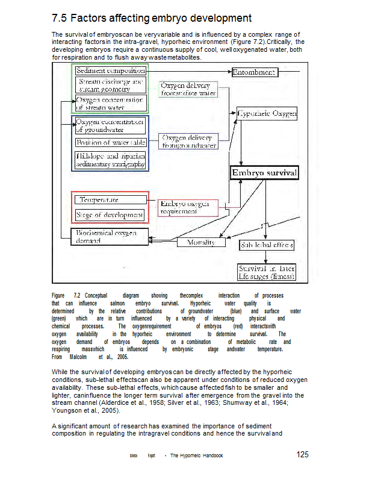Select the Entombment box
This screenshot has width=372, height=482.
[254, 72]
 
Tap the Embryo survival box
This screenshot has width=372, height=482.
[264, 173]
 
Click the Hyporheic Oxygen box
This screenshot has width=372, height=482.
[267, 113]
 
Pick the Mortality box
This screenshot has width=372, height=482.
[201, 242]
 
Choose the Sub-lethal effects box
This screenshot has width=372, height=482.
[267, 245]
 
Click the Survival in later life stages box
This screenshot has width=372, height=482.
[267, 272]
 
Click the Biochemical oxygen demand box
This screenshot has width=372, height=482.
[110, 237]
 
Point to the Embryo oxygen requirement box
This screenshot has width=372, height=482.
[188, 207]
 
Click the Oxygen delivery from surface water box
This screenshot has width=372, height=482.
[188, 89]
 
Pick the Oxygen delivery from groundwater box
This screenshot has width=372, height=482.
[188, 142]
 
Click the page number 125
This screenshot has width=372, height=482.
[303, 454]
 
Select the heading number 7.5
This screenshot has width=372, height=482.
[60, 19]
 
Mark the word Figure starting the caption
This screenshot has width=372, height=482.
[58, 296]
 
